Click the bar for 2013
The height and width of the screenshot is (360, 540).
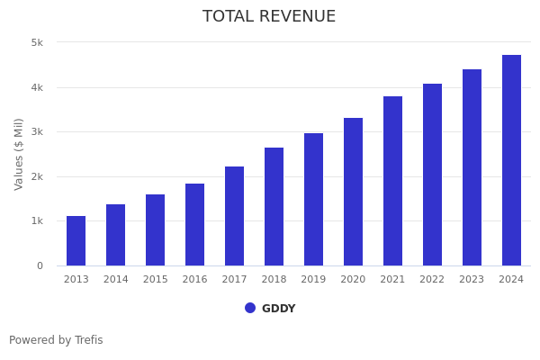pyautogui.click(x=76, y=240)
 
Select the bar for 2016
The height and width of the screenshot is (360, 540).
pyautogui.click(x=194, y=224)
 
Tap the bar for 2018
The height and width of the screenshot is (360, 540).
pyautogui.click(x=274, y=206)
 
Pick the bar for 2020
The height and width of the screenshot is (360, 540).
pyautogui.click(x=353, y=192)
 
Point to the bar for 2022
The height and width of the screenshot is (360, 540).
pyautogui.click(x=432, y=175)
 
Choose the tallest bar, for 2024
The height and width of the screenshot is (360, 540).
pyautogui.click(x=511, y=160)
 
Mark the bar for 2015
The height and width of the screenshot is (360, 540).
pyautogui.click(x=155, y=229)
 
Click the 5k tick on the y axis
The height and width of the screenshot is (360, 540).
pyautogui.click(x=37, y=42)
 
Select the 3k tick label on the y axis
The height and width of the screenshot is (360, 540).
pyautogui.click(x=37, y=131)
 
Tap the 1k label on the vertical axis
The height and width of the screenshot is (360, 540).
pyautogui.click(x=37, y=220)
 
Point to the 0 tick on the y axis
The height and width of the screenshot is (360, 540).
pyautogui.click(x=40, y=265)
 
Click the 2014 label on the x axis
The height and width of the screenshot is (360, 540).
pyautogui.click(x=115, y=279)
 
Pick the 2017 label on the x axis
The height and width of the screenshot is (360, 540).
pyautogui.click(x=234, y=279)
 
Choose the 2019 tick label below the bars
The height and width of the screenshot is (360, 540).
pyautogui.click(x=313, y=279)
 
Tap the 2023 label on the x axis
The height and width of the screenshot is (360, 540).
pyautogui.click(x=472, y=279)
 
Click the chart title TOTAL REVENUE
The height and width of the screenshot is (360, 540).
pyautogui.click(x=269, y=17)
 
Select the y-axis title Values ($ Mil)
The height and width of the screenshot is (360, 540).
pyautogui.click(x=19, y=153)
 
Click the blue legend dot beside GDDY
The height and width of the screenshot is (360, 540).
pyautogui.click(x=250, y=308)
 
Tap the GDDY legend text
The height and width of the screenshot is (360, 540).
pyautogui.click(x=278, y=309)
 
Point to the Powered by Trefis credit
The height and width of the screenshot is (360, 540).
pyautogui.click(x=56, y=340)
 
